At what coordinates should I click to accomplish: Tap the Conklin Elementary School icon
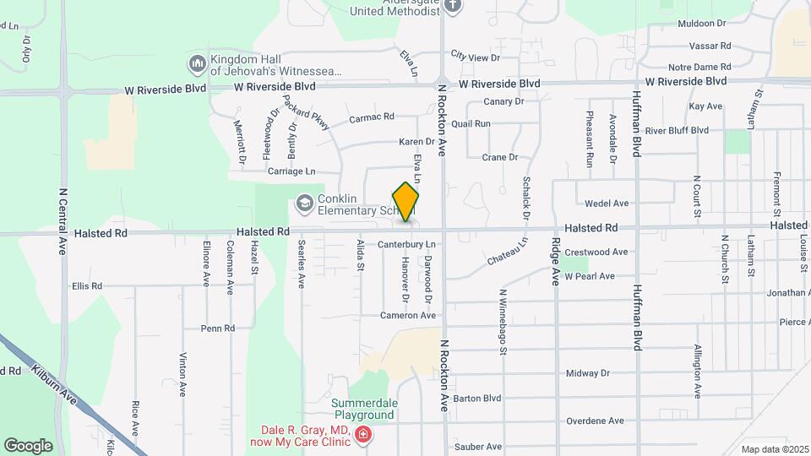coord(303,203)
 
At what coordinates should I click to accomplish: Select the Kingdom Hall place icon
coord(198,64)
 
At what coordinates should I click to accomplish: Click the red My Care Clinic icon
coord(363,435)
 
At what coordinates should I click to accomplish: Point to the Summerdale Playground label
coord(362,409)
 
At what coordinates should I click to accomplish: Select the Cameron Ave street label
coord(408,315)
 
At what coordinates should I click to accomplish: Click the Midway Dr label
coord(587,373)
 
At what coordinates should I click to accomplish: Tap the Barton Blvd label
coord(477,398)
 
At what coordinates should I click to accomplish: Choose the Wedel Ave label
coord(607,204)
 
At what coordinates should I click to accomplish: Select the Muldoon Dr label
coord(703,24)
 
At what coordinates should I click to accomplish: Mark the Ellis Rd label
coord(87,286)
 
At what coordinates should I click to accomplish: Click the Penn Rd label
coord(217,328)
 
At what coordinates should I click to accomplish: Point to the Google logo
coord(29,445)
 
